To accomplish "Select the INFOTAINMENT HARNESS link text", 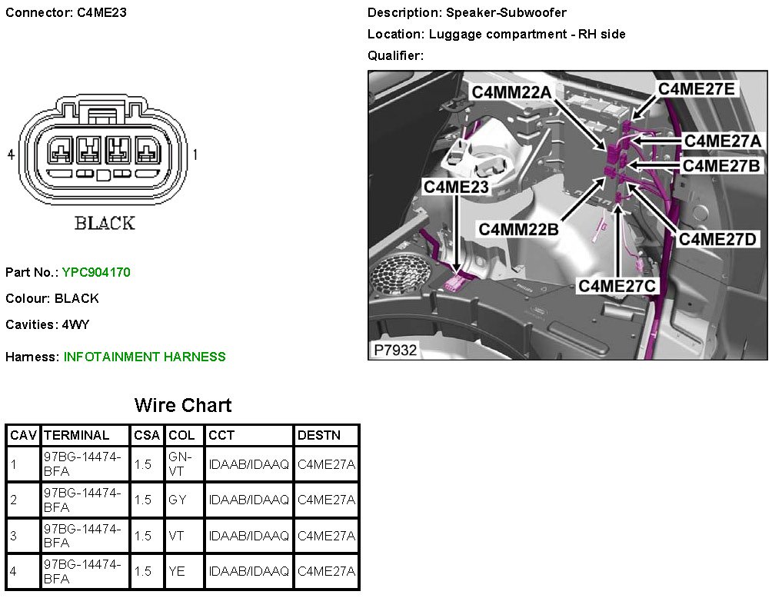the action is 145,357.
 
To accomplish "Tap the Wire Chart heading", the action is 182,405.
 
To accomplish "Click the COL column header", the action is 181,435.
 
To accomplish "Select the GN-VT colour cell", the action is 177,464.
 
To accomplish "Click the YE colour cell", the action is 177,571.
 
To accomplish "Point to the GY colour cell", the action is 177,500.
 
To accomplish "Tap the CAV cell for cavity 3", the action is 14,536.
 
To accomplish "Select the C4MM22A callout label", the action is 512,92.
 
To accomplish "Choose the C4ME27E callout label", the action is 697,89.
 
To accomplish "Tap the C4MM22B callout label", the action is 518,229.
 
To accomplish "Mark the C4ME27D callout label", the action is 718,240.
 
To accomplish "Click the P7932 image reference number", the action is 395,350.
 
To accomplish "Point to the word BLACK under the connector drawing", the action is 105,223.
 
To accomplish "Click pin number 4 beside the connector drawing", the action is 11,154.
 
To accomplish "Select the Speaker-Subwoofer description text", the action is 505,12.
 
